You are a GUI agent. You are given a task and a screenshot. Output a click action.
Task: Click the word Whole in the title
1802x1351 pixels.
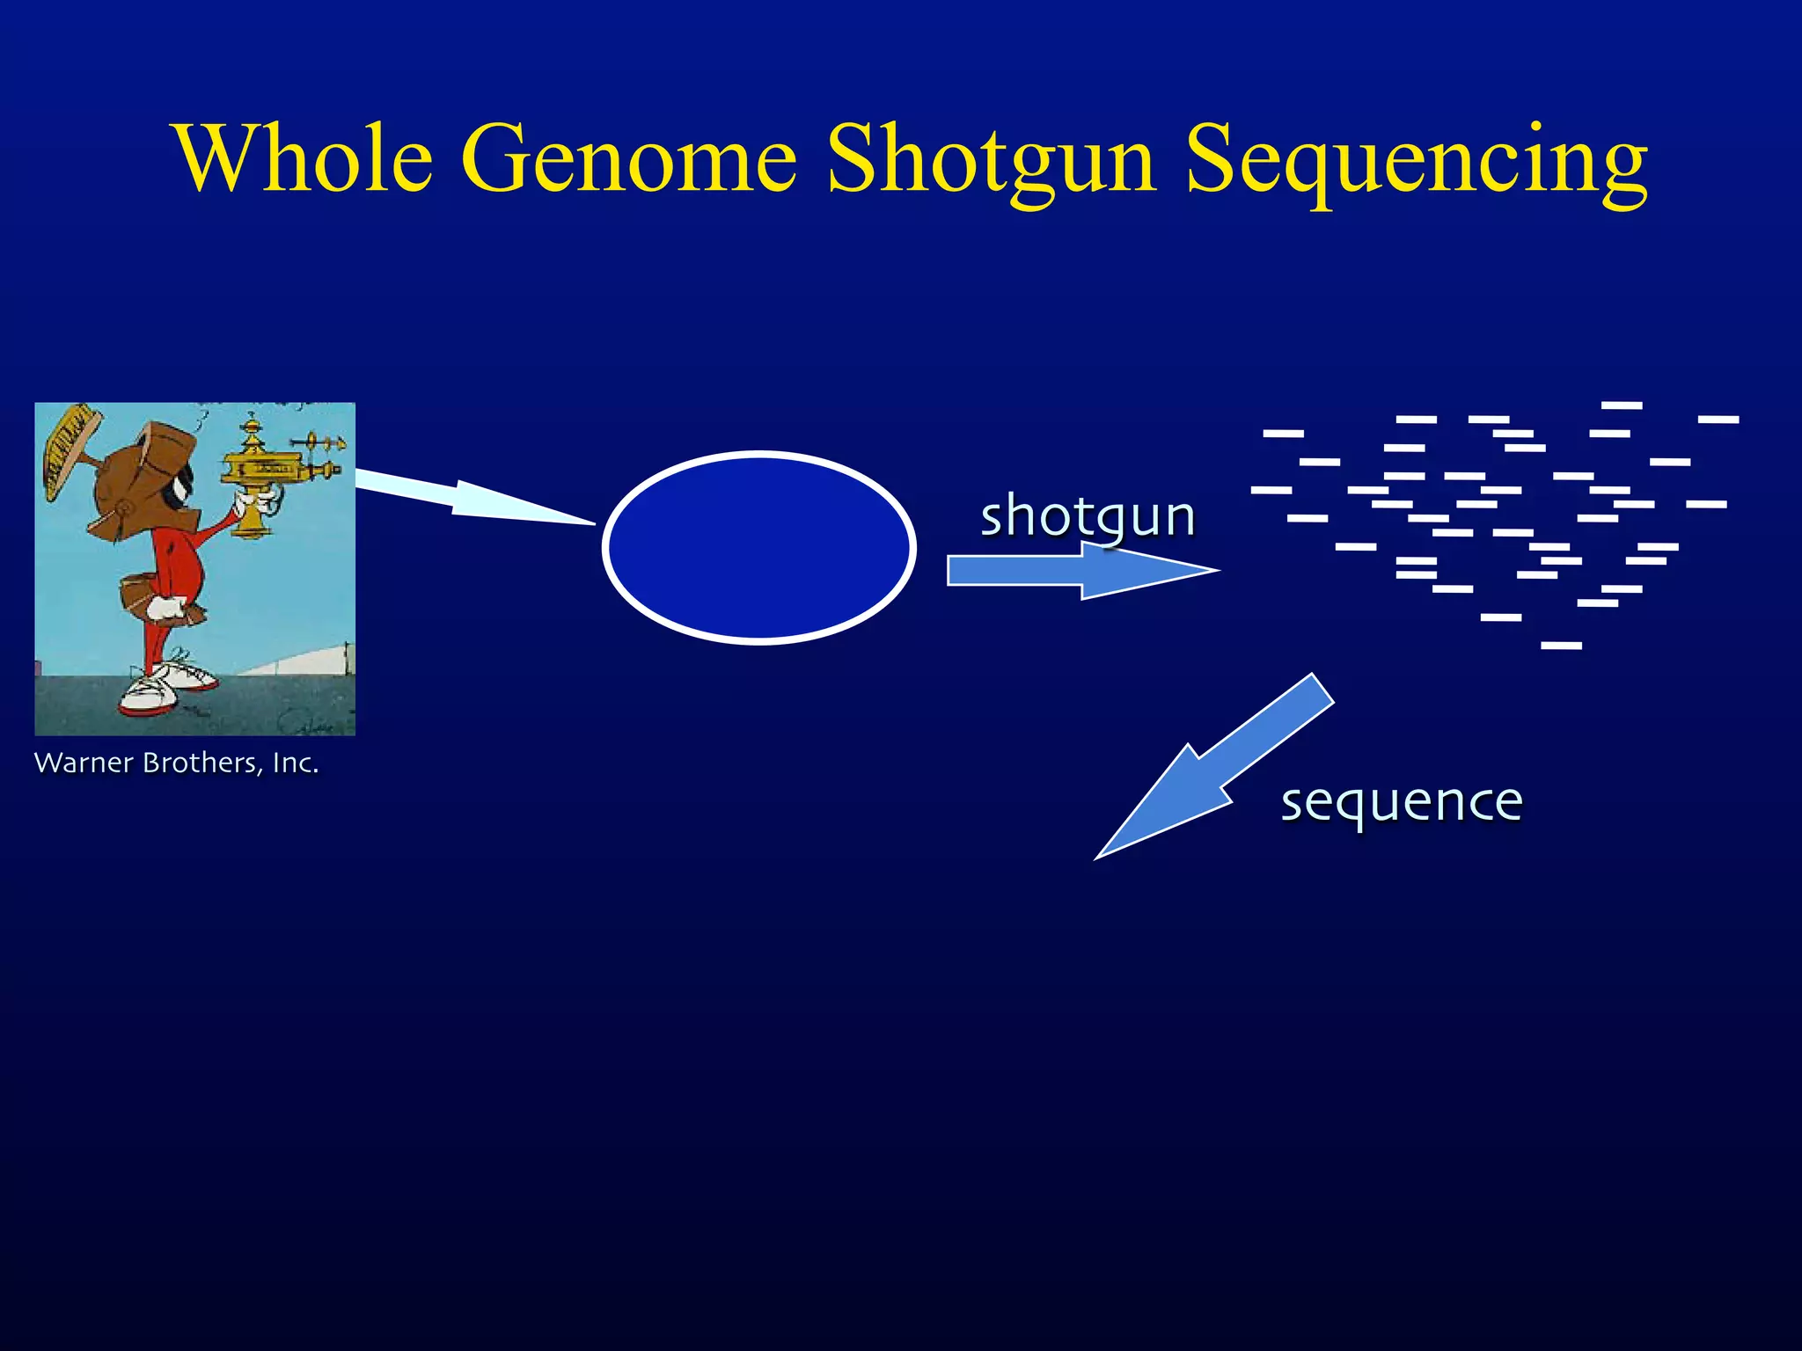coord(304,160)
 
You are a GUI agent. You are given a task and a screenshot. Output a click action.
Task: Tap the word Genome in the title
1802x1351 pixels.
coord(628,160)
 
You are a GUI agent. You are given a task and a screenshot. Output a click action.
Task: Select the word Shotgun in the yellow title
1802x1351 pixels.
coord(991,160)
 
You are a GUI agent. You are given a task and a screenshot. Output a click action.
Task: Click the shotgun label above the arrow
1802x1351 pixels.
coord(1088,516)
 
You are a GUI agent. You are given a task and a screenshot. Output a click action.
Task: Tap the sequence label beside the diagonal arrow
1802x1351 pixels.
coord(1401,802)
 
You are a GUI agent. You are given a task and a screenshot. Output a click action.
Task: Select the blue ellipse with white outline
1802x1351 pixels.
coord(759,547)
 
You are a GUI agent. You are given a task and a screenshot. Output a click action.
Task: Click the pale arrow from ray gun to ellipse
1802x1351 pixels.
coord(466,497)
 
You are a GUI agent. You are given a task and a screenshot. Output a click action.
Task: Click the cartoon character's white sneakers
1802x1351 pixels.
coord(163,686)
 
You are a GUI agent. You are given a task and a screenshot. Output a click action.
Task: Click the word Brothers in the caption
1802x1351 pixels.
coord(202,763)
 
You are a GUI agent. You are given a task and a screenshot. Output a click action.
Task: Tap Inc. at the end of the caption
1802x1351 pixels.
coord(296,763)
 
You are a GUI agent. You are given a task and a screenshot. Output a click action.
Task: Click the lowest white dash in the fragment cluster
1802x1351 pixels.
coord(1561,646)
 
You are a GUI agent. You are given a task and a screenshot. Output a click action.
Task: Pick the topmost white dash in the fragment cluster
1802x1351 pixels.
coord(1622,405)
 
